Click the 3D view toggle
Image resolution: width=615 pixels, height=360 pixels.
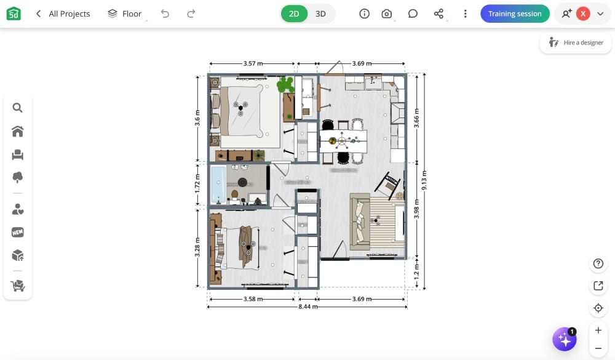coord(320,14)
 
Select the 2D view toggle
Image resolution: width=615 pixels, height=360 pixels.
coord(294,14)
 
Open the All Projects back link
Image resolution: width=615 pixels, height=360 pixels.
coord(63,14)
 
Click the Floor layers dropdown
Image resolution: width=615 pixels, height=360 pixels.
coord(125,14)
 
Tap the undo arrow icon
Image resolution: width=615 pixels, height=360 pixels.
coord(165,14)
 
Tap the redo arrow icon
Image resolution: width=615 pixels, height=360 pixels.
coord(191,14)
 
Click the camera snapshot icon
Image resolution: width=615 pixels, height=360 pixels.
coord(387,14)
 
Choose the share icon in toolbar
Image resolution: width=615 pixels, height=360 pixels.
coord(438,14)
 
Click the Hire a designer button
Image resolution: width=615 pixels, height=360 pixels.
coord(576,42)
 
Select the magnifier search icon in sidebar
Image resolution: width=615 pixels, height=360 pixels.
coord(17,108)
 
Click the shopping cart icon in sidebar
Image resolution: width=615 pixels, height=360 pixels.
coord(17,286)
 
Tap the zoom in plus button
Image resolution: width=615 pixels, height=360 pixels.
coord(598,330)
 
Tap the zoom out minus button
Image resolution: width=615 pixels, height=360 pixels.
coord(598,348)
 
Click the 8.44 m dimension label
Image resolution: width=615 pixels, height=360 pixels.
coord(307,306)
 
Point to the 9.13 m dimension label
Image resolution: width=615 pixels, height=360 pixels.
coord(424,180)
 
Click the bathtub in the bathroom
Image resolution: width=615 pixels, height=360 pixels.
coord(217,183)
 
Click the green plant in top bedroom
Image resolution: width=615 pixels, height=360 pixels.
coord(285,84)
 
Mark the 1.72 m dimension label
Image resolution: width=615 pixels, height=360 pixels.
coord(197,185)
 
